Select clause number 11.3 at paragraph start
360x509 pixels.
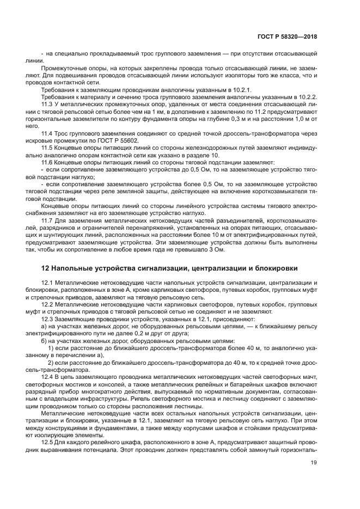(x=48, y=104)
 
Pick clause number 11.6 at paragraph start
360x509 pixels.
(x=48, y=163)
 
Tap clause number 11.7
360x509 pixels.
(x=48, y=221)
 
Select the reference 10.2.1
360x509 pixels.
(x=236, y=89)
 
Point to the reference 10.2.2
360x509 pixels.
(x=306, y=96)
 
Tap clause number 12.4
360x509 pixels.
(x=48, y=376)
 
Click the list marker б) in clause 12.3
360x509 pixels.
(x=45, y=340)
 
